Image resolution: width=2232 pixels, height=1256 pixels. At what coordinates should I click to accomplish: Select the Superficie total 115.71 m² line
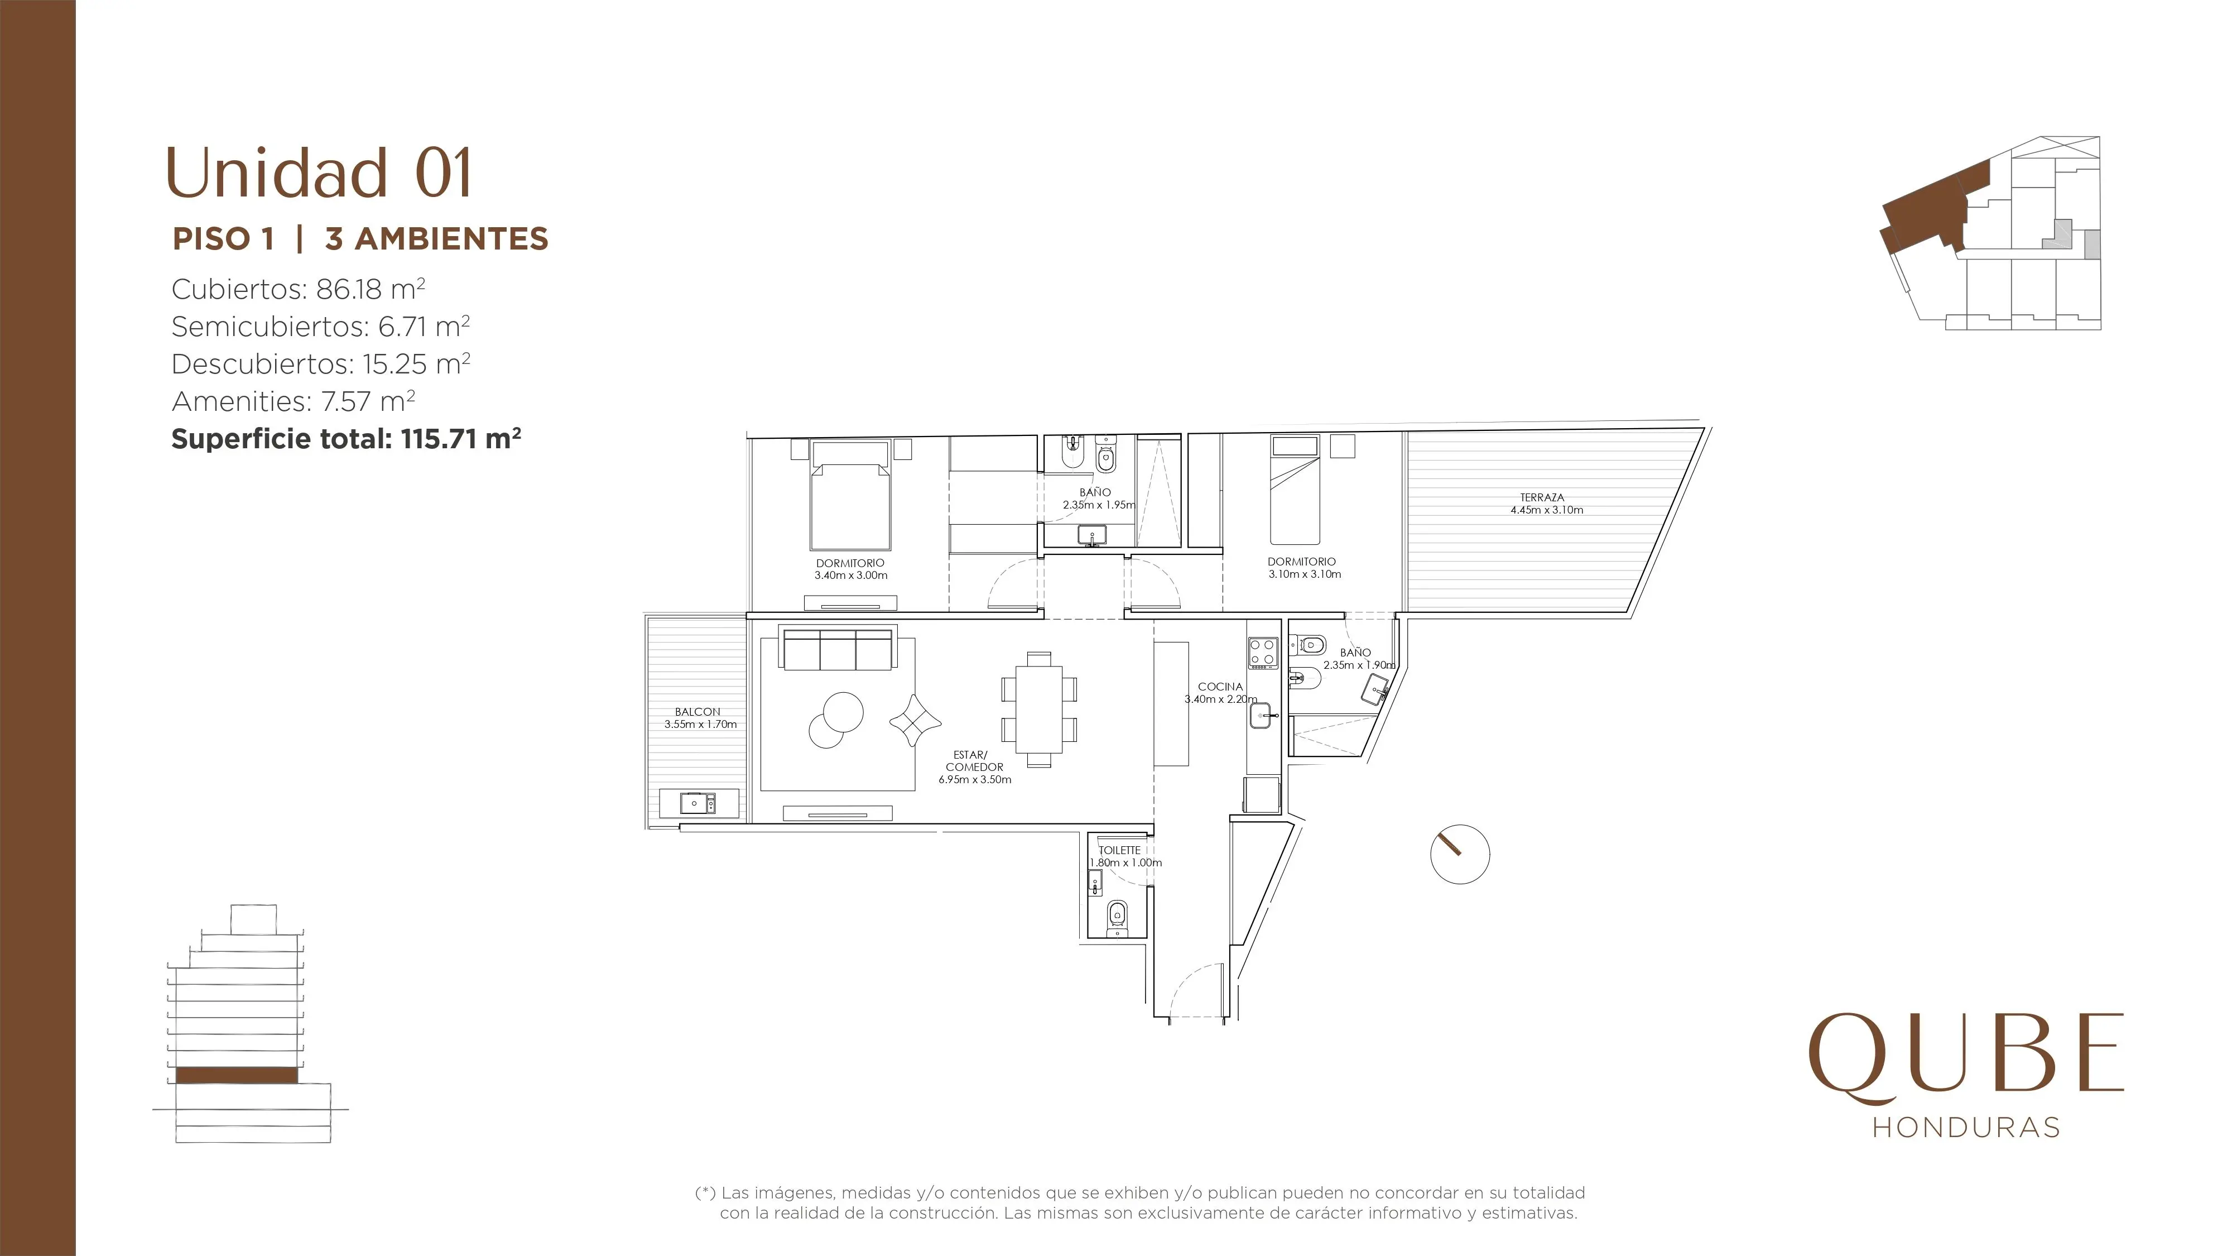[x=346, y=439]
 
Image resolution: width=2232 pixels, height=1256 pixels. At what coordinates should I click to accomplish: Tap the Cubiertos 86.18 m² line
[x=298, y=289]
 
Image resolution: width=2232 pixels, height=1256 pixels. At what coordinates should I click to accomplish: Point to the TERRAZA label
[x=1542, y=497]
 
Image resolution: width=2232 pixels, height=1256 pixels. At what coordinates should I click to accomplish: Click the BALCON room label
[x=698, y=712]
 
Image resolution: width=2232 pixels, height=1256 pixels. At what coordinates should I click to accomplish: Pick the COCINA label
[x=1220, y=687]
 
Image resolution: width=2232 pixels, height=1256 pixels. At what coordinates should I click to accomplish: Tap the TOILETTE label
[x=1119, y=850]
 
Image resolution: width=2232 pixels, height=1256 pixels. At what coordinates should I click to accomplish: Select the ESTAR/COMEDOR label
[x=974, y=761]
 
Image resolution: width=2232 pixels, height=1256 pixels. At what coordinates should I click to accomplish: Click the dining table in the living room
[x=1039, y=709]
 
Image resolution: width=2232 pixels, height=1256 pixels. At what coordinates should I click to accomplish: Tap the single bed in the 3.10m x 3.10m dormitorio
[x=1295, y=490]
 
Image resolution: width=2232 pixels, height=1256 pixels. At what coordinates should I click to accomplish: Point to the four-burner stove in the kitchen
[x=1262, y=653]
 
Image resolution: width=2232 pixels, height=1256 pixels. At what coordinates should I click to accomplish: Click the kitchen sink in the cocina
[x=1262, y=715]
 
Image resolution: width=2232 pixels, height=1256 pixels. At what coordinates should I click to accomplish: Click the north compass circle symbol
[x=1460, y=854]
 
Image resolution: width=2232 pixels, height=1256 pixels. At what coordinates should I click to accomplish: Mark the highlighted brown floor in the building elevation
[x=237, y=1075]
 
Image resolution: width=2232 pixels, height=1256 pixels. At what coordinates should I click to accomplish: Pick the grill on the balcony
[x=699, y=803]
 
